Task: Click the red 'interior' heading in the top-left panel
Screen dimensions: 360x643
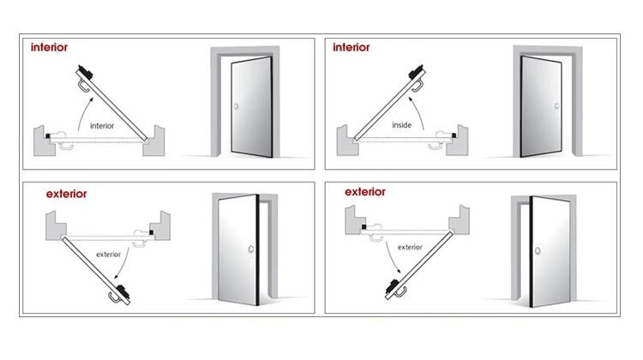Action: [x=50, y=47]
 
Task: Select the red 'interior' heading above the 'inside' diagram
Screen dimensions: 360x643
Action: [x=351, y=47]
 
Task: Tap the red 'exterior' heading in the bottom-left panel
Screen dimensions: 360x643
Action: [x=65, y=194]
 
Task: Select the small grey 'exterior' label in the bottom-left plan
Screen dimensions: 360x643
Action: [x=109, y=254]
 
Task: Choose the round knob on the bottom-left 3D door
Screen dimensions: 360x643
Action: [x=249, y=250]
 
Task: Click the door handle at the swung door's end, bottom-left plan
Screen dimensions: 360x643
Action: [x=116, y=297]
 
